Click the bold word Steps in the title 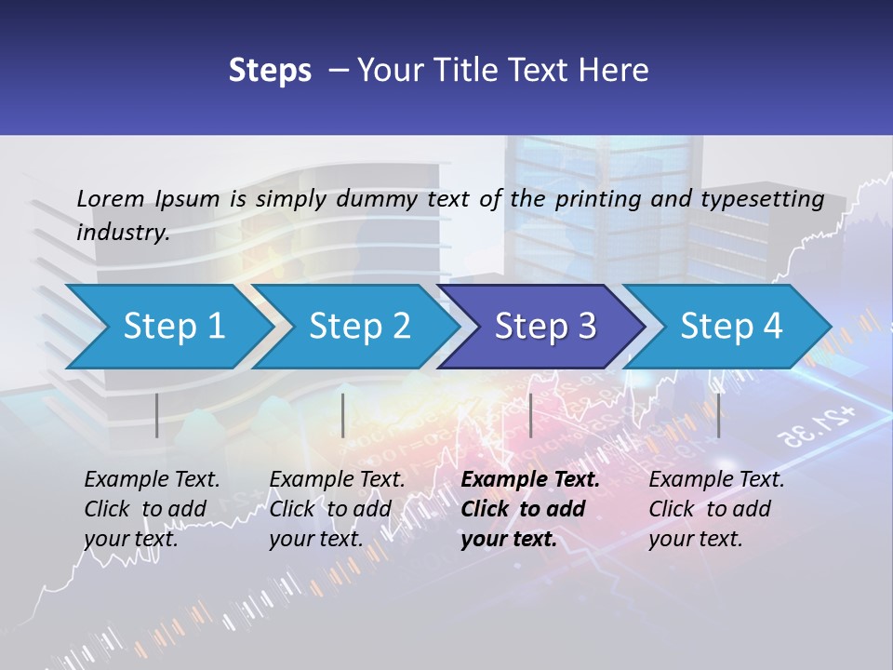(270, 71)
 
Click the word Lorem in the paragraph (111, 198)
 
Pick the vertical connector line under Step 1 (157, 415)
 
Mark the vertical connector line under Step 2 (343, 415)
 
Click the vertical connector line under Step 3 (530, 415)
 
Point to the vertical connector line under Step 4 (718, 415)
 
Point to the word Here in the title (616, 71)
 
